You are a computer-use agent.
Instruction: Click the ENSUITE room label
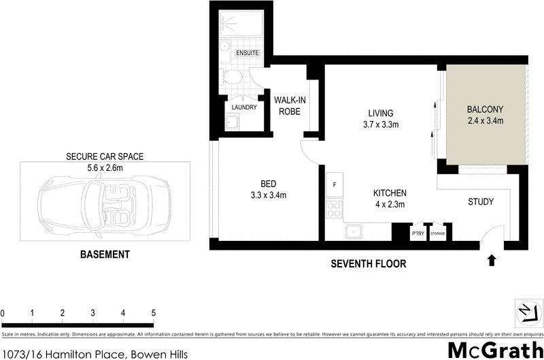click(247, 53)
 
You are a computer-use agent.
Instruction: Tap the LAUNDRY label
click(244, 108)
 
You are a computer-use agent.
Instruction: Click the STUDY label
click(480, 202)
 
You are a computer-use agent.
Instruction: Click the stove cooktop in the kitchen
click(335, 209)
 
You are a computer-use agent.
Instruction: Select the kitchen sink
click(354, 232)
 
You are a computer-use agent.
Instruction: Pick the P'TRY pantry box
click(418, 233)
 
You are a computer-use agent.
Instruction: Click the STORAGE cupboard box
click(437, 233)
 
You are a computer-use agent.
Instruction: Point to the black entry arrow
click(492, 260)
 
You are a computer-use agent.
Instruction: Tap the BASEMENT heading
click(105, 255)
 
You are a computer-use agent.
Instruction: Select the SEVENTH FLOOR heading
click(368, 263)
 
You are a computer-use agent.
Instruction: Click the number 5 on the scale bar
click(154, 312)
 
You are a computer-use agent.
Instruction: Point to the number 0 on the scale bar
click(3, 312)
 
